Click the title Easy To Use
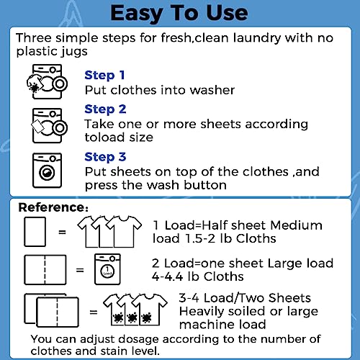click(179, 14)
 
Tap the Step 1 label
click(105, 75)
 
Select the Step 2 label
click(105, 109)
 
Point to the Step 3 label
click(105, 157)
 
